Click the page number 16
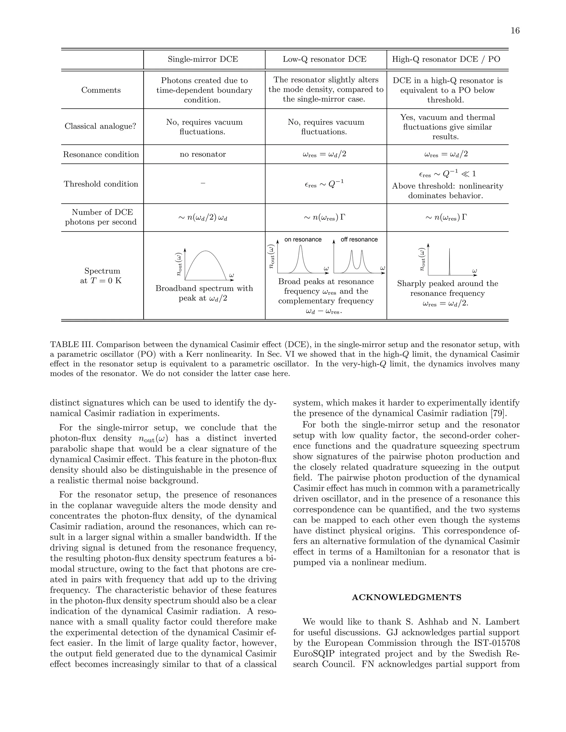[515, 31]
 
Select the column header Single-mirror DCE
[203, 59]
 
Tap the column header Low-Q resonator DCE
[324, 59]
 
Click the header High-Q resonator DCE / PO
[446, 59]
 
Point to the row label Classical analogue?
[100, 126]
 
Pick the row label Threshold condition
[101, 184]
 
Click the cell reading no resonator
[203, 154]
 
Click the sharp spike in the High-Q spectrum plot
[449, 261]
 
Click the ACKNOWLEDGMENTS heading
[406, 597]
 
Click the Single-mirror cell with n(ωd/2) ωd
[203, 218]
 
